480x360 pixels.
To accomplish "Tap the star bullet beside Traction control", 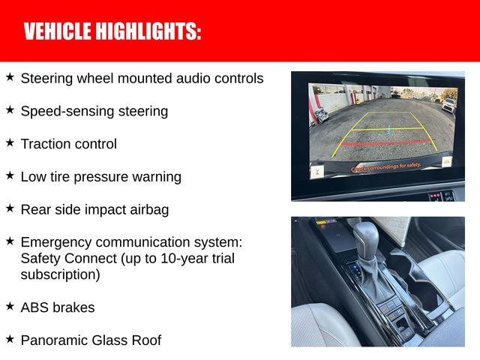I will click(x=10, y=142).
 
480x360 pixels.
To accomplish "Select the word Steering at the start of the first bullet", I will click(x=46, y=78).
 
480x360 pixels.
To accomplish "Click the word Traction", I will click(x=45, y=144).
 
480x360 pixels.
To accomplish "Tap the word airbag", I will click(x=148, y=210).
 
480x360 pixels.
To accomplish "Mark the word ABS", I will click(x=34, y=307).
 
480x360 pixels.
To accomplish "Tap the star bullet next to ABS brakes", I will click(x=10, y=306).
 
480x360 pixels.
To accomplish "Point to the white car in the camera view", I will click(x=448, y=104).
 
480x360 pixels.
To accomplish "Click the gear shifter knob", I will click(x=367, y=238).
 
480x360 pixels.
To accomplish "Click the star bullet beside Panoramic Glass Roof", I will click(x=10, y=339).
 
